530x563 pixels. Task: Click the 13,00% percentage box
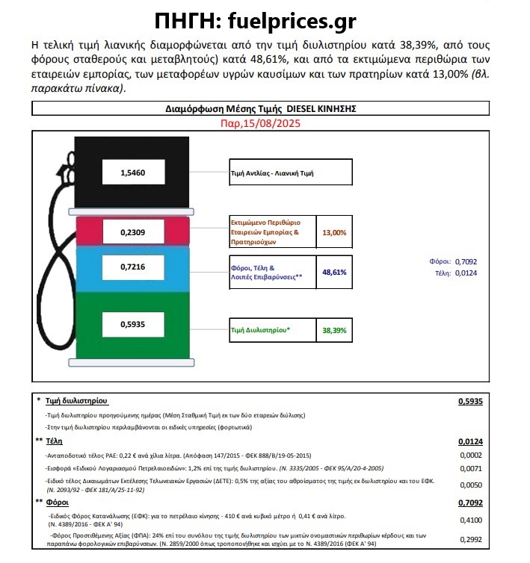(x=333, y=232)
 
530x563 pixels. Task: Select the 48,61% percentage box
(x=333, y=273)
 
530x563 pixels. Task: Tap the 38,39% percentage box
(x=333, y=329)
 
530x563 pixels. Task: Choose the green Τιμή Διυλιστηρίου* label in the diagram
(x=261, y=329)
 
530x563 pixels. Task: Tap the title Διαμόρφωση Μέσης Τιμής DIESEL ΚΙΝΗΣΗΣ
(x=260, y=108)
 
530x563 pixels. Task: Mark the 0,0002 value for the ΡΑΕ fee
(x=472, y=455)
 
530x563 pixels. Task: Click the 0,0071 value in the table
(x=472, y=468)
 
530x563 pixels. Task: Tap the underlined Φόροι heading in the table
(x=56, y=503)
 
